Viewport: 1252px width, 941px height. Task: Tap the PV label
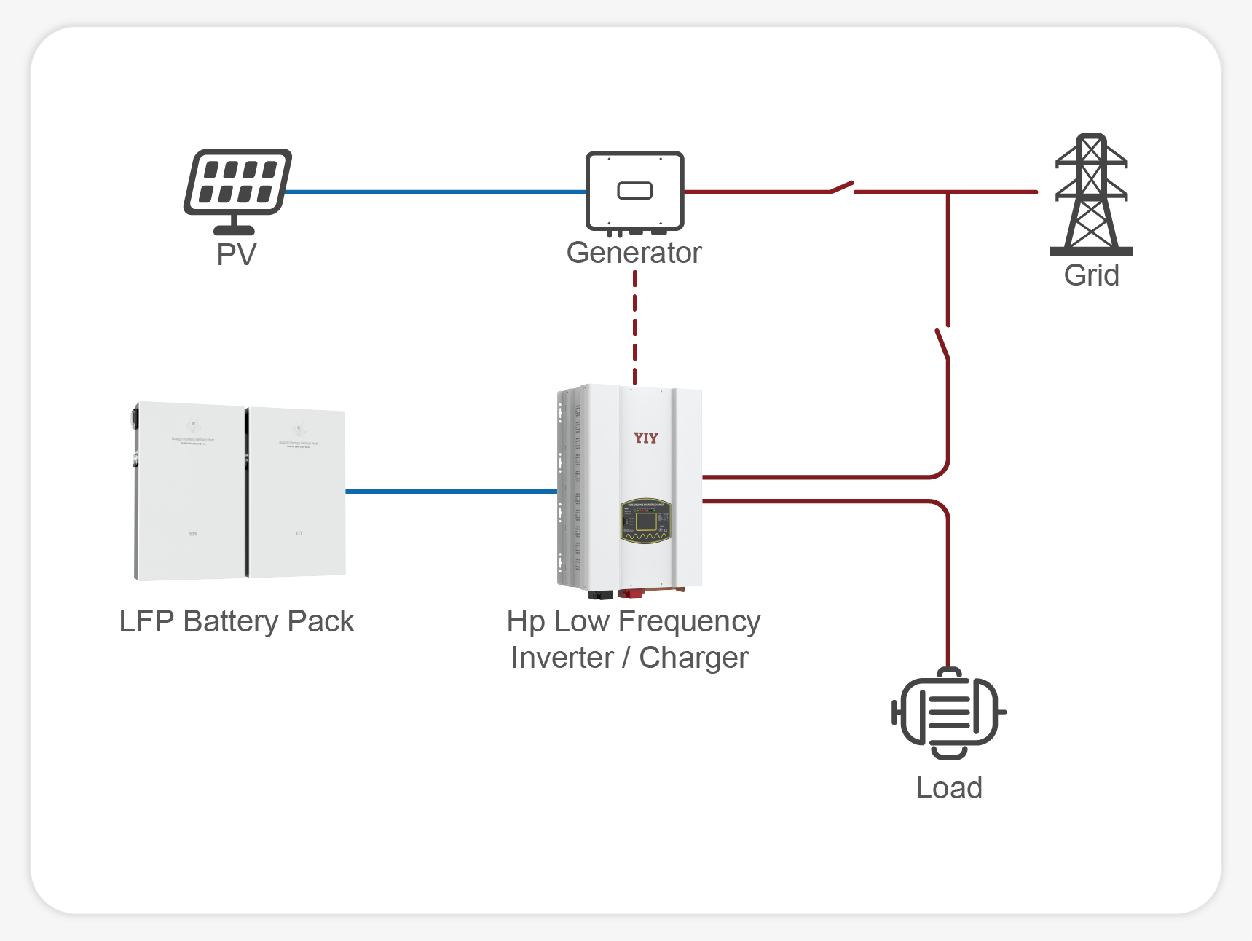point(237,255)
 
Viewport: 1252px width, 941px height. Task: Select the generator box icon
point(634,191)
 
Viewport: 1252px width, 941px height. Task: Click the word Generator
point(634,253)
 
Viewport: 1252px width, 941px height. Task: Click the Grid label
point(1091,275)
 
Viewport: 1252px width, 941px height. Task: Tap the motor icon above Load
point(948,713)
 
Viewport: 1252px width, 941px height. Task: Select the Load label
point(948,788)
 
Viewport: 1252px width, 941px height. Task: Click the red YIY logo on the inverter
point(645,438)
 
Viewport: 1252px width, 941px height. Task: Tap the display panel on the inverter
point(645,521)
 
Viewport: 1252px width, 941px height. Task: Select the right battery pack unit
point(296,493)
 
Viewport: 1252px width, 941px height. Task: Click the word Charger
point(693,658)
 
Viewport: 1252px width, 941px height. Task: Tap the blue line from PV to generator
point(435,192)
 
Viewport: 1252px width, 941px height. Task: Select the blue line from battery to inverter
point(451,492)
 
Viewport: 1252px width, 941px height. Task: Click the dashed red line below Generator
point(635,328)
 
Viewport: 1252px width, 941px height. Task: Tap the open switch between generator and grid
point(842,188)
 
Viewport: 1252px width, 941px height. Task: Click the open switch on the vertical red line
point(943,344)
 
